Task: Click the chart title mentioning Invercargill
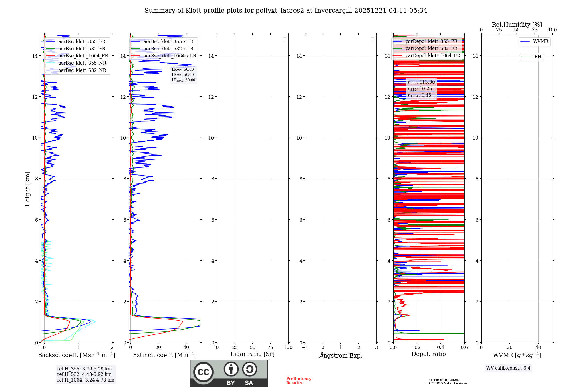(286, 11)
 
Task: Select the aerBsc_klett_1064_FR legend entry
(83, 56)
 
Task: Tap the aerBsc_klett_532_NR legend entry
(82, 70)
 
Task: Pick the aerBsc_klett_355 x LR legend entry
(168, 42)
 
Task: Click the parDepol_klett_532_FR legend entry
(431, 49)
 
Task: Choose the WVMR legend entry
(540, 41)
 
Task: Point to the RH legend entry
(537, 57)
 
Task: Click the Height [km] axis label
(27, 189)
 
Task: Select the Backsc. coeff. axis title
(77, 355)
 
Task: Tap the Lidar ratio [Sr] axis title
(253, 354)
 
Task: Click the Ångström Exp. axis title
(341, 356)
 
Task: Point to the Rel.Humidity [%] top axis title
(517, 25)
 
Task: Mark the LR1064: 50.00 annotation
(184, 80)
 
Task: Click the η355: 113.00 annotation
(421, 82)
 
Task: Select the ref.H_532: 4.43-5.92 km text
(84, 374)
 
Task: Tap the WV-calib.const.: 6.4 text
(508, 368)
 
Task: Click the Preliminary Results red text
(299, 381)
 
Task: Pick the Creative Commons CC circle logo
(203, 372)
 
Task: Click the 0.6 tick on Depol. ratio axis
(464, 348)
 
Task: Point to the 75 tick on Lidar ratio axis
(270, 348)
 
